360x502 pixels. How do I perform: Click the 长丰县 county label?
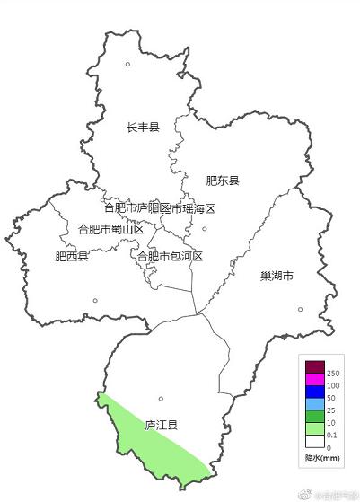(x=142, y=128)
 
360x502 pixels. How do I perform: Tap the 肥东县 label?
(x=223, y=181)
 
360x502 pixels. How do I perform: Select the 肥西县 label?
(x=72, y=257)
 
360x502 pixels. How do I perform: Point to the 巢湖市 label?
(x=277, y=276)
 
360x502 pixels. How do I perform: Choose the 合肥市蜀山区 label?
(x=111, y=229)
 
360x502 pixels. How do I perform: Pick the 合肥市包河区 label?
(x=170, y=257)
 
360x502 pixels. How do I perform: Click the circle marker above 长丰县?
(x=127, y=64)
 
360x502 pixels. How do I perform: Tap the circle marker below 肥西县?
(x=93, y=302)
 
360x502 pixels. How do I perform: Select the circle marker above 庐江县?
(x=161, y=399)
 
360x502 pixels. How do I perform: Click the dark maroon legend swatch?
(x=314, y=365)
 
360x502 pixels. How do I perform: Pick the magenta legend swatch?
(x=314, y=378)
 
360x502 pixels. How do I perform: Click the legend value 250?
(x=334, y=373)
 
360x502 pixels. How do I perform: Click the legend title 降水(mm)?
(x=321, y=459)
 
